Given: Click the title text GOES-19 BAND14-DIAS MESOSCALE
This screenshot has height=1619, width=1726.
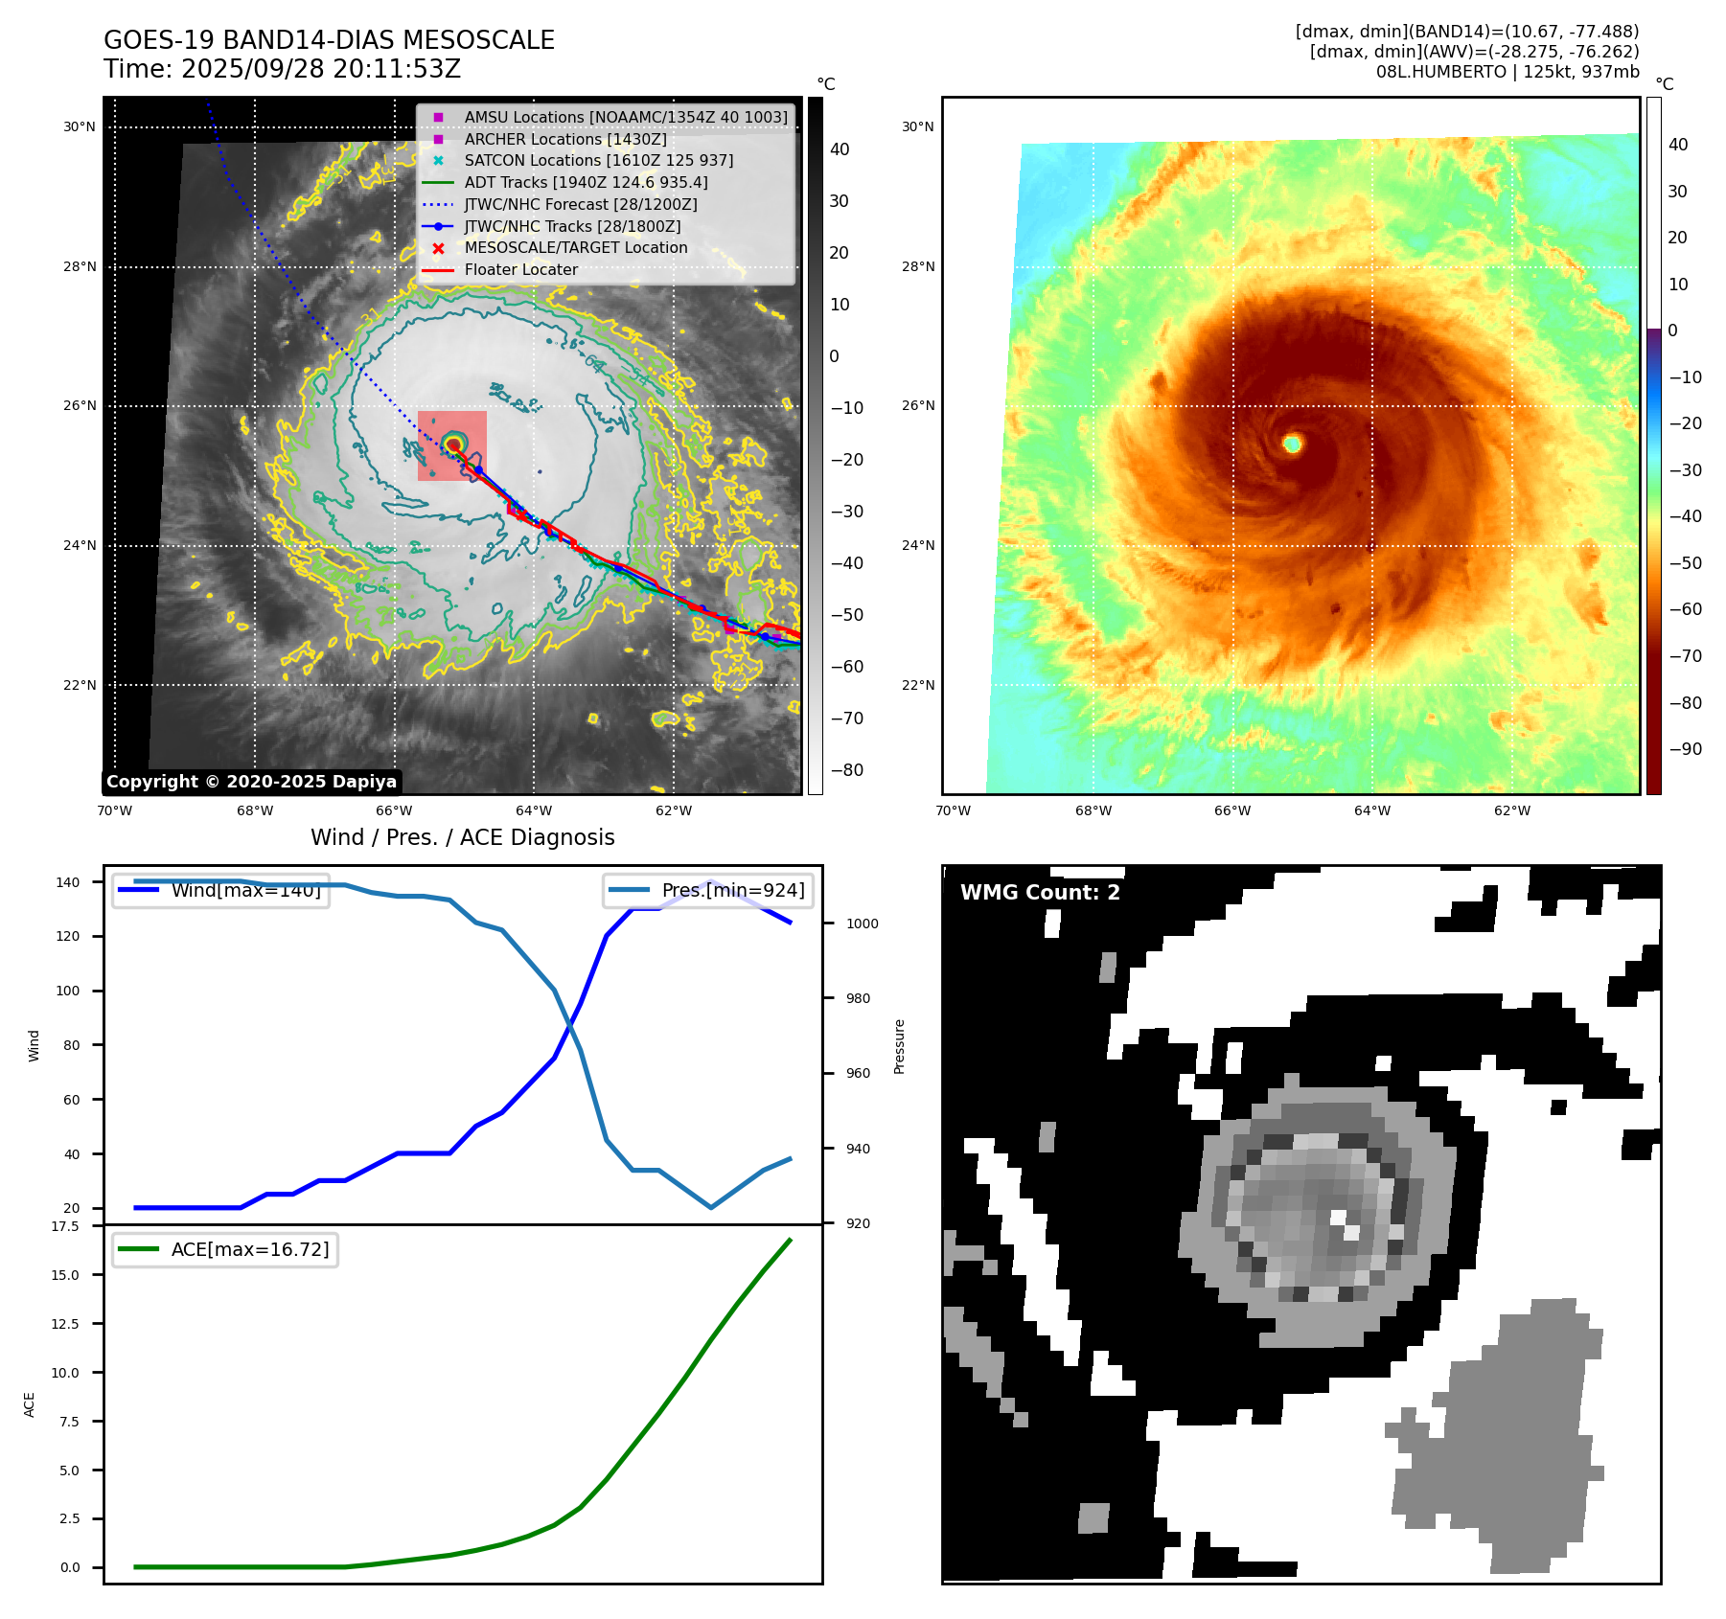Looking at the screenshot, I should coord(329,40).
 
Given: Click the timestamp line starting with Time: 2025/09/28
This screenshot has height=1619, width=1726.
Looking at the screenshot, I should coord(282,69).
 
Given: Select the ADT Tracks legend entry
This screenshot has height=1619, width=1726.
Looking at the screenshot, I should coord(586,182).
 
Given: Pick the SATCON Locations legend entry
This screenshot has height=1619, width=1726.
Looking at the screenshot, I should coord(598,161).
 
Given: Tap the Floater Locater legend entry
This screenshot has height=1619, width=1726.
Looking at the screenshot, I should coord(520,270).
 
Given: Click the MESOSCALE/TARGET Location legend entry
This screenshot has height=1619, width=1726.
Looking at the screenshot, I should coord(575,248).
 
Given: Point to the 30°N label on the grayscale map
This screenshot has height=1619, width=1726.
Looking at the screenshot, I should coord(80,126).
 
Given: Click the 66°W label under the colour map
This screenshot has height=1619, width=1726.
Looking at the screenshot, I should coord(1232,810).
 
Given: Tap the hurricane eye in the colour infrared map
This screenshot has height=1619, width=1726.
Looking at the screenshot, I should coord(1293,444).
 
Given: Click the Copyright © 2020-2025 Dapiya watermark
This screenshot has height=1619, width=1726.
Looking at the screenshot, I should coord(251,782).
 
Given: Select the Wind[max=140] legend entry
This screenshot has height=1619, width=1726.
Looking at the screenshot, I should coord(245,890).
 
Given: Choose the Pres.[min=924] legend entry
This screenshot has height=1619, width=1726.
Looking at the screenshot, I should coord(732,890).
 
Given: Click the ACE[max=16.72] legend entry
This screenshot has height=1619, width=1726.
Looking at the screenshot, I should coord(249,1249).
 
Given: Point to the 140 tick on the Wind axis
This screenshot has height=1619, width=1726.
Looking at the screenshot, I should coord(68,882).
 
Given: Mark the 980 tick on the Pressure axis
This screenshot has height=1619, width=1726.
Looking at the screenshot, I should coord(858,998).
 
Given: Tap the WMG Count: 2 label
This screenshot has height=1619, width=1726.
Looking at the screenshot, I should coord(1040,893).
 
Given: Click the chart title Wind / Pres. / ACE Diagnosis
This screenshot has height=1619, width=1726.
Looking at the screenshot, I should coord(462,837).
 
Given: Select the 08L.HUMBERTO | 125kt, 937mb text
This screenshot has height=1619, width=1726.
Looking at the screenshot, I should coord(1507,72).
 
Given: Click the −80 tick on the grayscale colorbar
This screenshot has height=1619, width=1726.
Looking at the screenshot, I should coord(847,770).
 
